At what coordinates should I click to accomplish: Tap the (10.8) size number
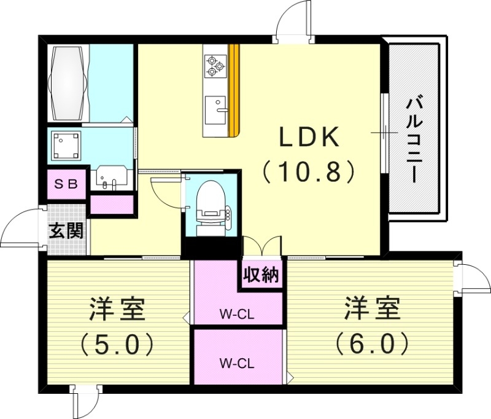coord(309,172)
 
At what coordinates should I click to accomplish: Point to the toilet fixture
coord(211,206)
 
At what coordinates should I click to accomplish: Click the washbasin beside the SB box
coord(110,176)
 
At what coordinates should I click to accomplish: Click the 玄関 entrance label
coord(66,232)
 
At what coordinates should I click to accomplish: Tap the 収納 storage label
coord(260,275)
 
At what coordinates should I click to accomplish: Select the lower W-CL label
coord(237,362)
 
